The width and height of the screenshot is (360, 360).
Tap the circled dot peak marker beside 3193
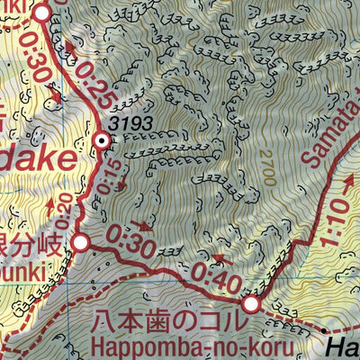tap(102, 139)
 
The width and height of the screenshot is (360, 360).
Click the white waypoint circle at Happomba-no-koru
tap(251, 304)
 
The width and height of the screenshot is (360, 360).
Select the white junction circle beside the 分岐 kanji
tap(81, 242)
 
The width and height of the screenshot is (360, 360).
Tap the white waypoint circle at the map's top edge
tap(42, 13)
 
